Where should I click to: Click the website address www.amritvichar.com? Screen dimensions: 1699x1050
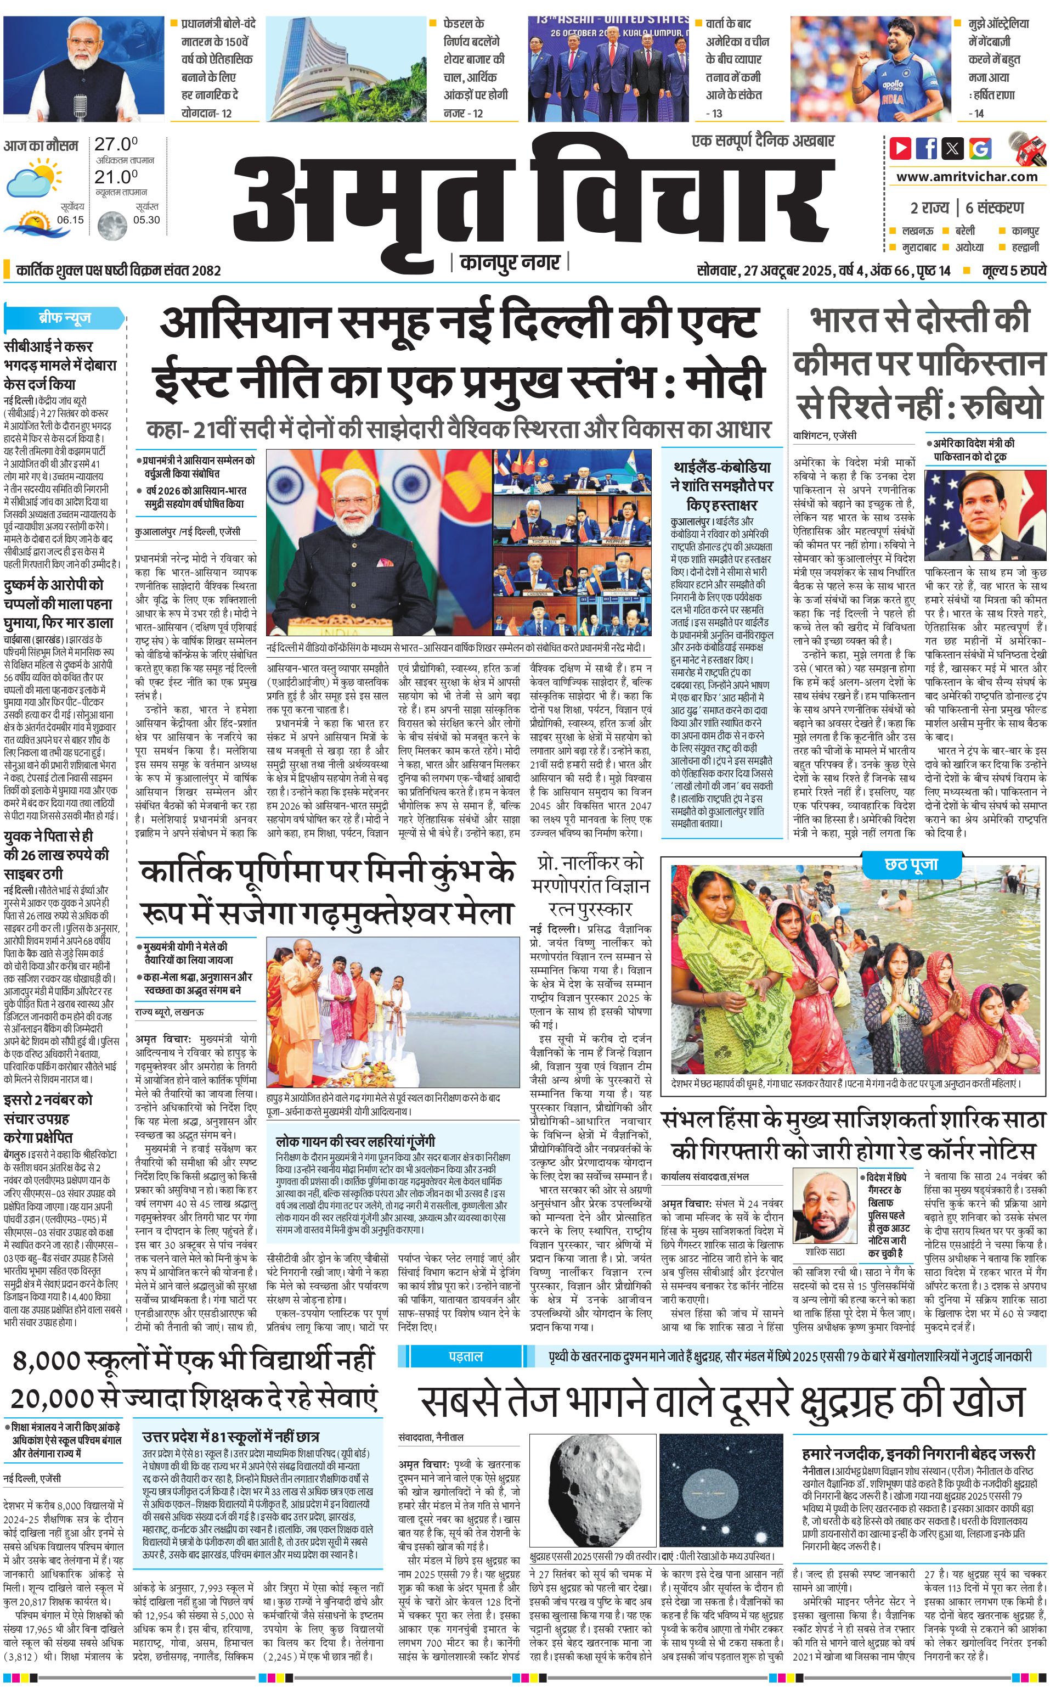(x=967, y=177)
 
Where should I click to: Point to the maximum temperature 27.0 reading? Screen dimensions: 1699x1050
(x=116, y=144)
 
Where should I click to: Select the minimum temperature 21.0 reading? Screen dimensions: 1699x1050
(x=116, y=177)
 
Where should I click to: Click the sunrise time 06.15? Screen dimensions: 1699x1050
(x=70, y=220)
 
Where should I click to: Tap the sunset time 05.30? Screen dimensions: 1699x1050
(x=146, y=220)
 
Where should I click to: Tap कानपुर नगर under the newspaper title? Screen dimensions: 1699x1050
(x=510, y=262)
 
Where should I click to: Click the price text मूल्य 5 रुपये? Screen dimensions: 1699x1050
(x=1014, y=270)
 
